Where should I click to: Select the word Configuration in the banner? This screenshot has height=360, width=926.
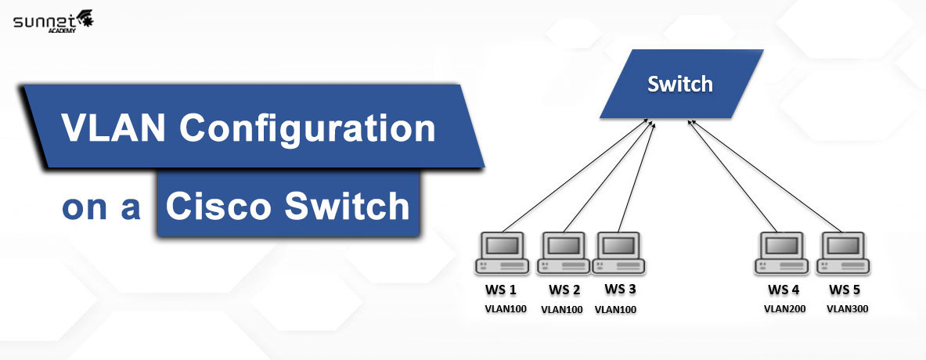point(308,127)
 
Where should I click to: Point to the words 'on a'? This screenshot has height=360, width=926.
point(101,208)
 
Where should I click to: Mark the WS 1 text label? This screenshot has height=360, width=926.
point(502,290)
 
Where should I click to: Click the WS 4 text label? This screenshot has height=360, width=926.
point(784,290)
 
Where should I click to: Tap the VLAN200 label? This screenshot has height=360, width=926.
point(784,308)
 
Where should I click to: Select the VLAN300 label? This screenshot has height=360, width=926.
point(847,308)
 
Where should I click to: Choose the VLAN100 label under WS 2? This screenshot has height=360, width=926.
point(561,309)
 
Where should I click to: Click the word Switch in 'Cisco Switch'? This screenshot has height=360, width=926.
point(347,207)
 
